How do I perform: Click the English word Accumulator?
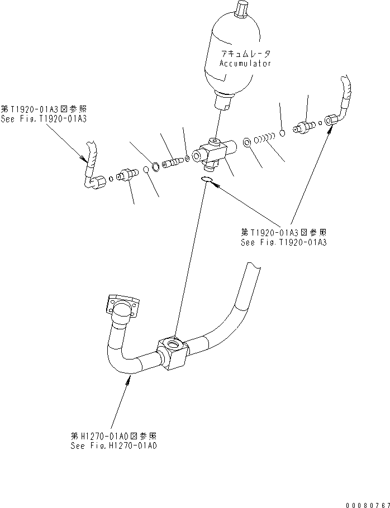(x=245, y=63)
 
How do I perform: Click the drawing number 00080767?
(x=368, y=505)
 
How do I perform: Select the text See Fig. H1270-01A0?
(x=114, y=446)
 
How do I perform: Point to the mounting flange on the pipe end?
(x=122, y=306)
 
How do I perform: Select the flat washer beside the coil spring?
(x=246, y=142)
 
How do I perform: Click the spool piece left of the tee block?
(x=173, y=162)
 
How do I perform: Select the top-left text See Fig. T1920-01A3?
(x=44, y=119)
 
